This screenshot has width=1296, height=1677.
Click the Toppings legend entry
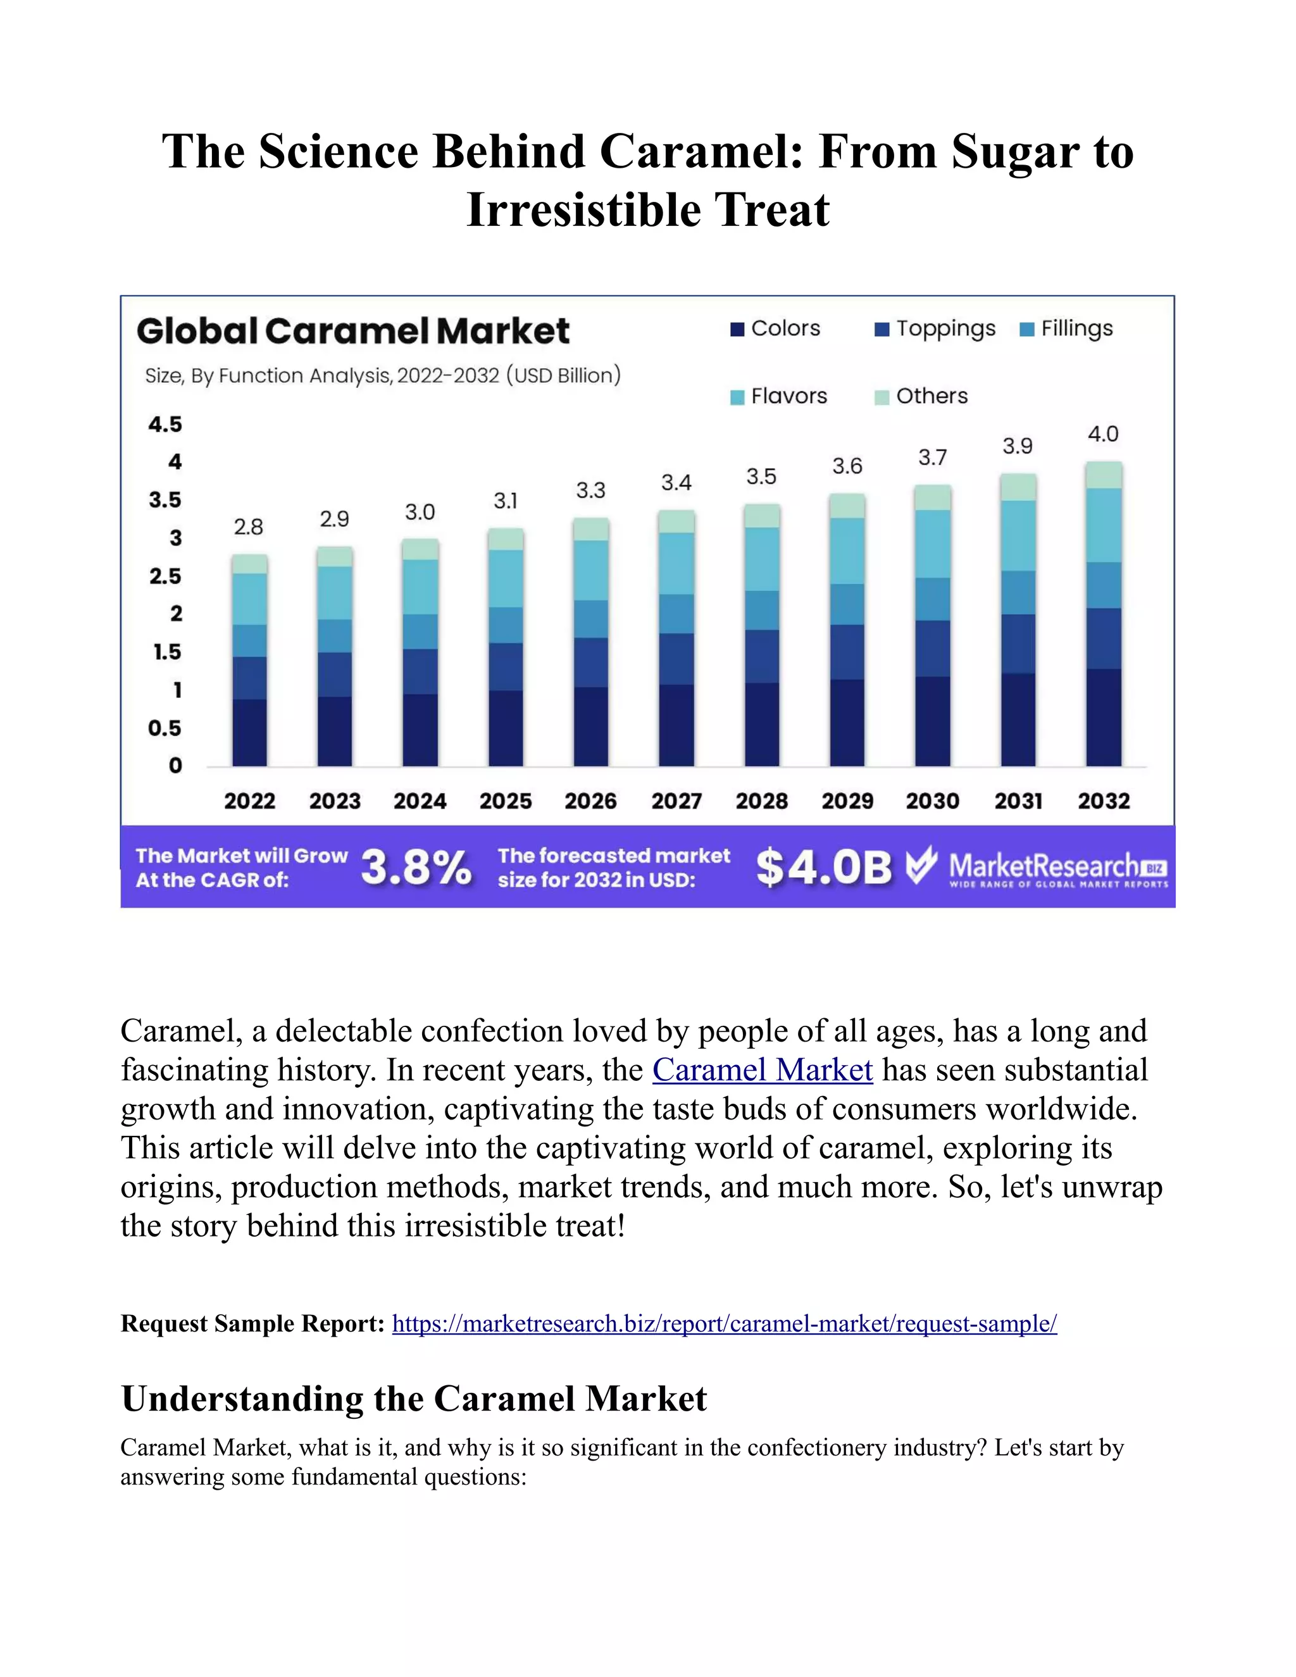tap(936, 328)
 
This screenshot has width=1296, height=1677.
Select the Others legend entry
tap(922, 396)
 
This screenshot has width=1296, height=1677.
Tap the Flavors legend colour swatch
tap(737, 397)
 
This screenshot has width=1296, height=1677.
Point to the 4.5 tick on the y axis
tap(165, 425)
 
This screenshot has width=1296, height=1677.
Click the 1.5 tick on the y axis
tap(166, 652)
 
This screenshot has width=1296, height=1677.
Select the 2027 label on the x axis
tap(676, 801)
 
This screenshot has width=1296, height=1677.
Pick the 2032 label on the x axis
tap(1103, 801)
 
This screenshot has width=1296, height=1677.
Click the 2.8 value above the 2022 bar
tap(249, 527)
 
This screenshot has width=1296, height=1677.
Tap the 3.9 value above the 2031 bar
tap(1018, 446)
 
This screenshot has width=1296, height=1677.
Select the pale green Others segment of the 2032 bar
tap(1103, 475)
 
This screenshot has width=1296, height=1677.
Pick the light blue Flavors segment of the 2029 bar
tap(847, 551)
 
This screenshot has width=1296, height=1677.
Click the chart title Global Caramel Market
tap(353, 331)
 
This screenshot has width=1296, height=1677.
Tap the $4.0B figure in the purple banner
tap(824, 868)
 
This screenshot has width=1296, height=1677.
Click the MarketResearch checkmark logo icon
tap(921, 864)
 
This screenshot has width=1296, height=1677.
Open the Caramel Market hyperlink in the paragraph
tap(763, 1069)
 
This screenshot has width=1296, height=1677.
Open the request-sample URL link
tap(724, 1323)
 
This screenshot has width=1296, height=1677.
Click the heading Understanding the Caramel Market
tap(414, 1399)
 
